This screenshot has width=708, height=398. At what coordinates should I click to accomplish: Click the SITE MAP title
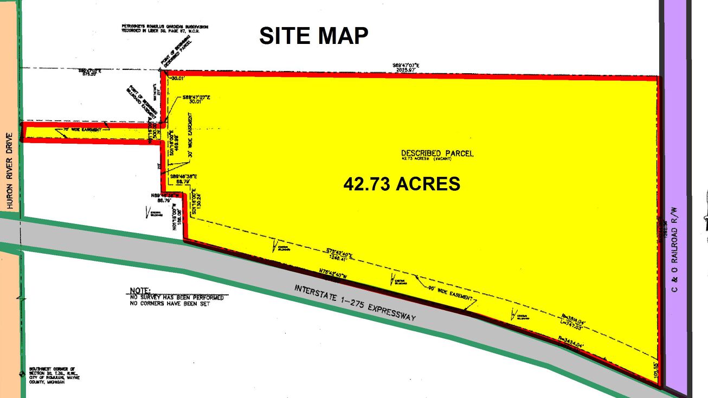point(314,36)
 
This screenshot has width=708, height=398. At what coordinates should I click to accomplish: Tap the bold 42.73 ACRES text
point(402,184)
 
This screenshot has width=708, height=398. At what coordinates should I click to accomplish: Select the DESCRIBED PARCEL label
point(437,153)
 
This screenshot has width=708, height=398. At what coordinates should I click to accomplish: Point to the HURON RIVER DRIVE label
point(9,170)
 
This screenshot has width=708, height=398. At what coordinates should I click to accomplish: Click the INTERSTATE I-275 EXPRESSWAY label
point(355,303)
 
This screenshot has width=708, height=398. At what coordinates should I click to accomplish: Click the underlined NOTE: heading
point(140,291)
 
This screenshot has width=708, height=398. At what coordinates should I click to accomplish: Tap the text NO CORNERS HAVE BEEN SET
point(170,304)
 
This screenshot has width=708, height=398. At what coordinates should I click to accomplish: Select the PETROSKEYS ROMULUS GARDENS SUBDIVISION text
point(165,28)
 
